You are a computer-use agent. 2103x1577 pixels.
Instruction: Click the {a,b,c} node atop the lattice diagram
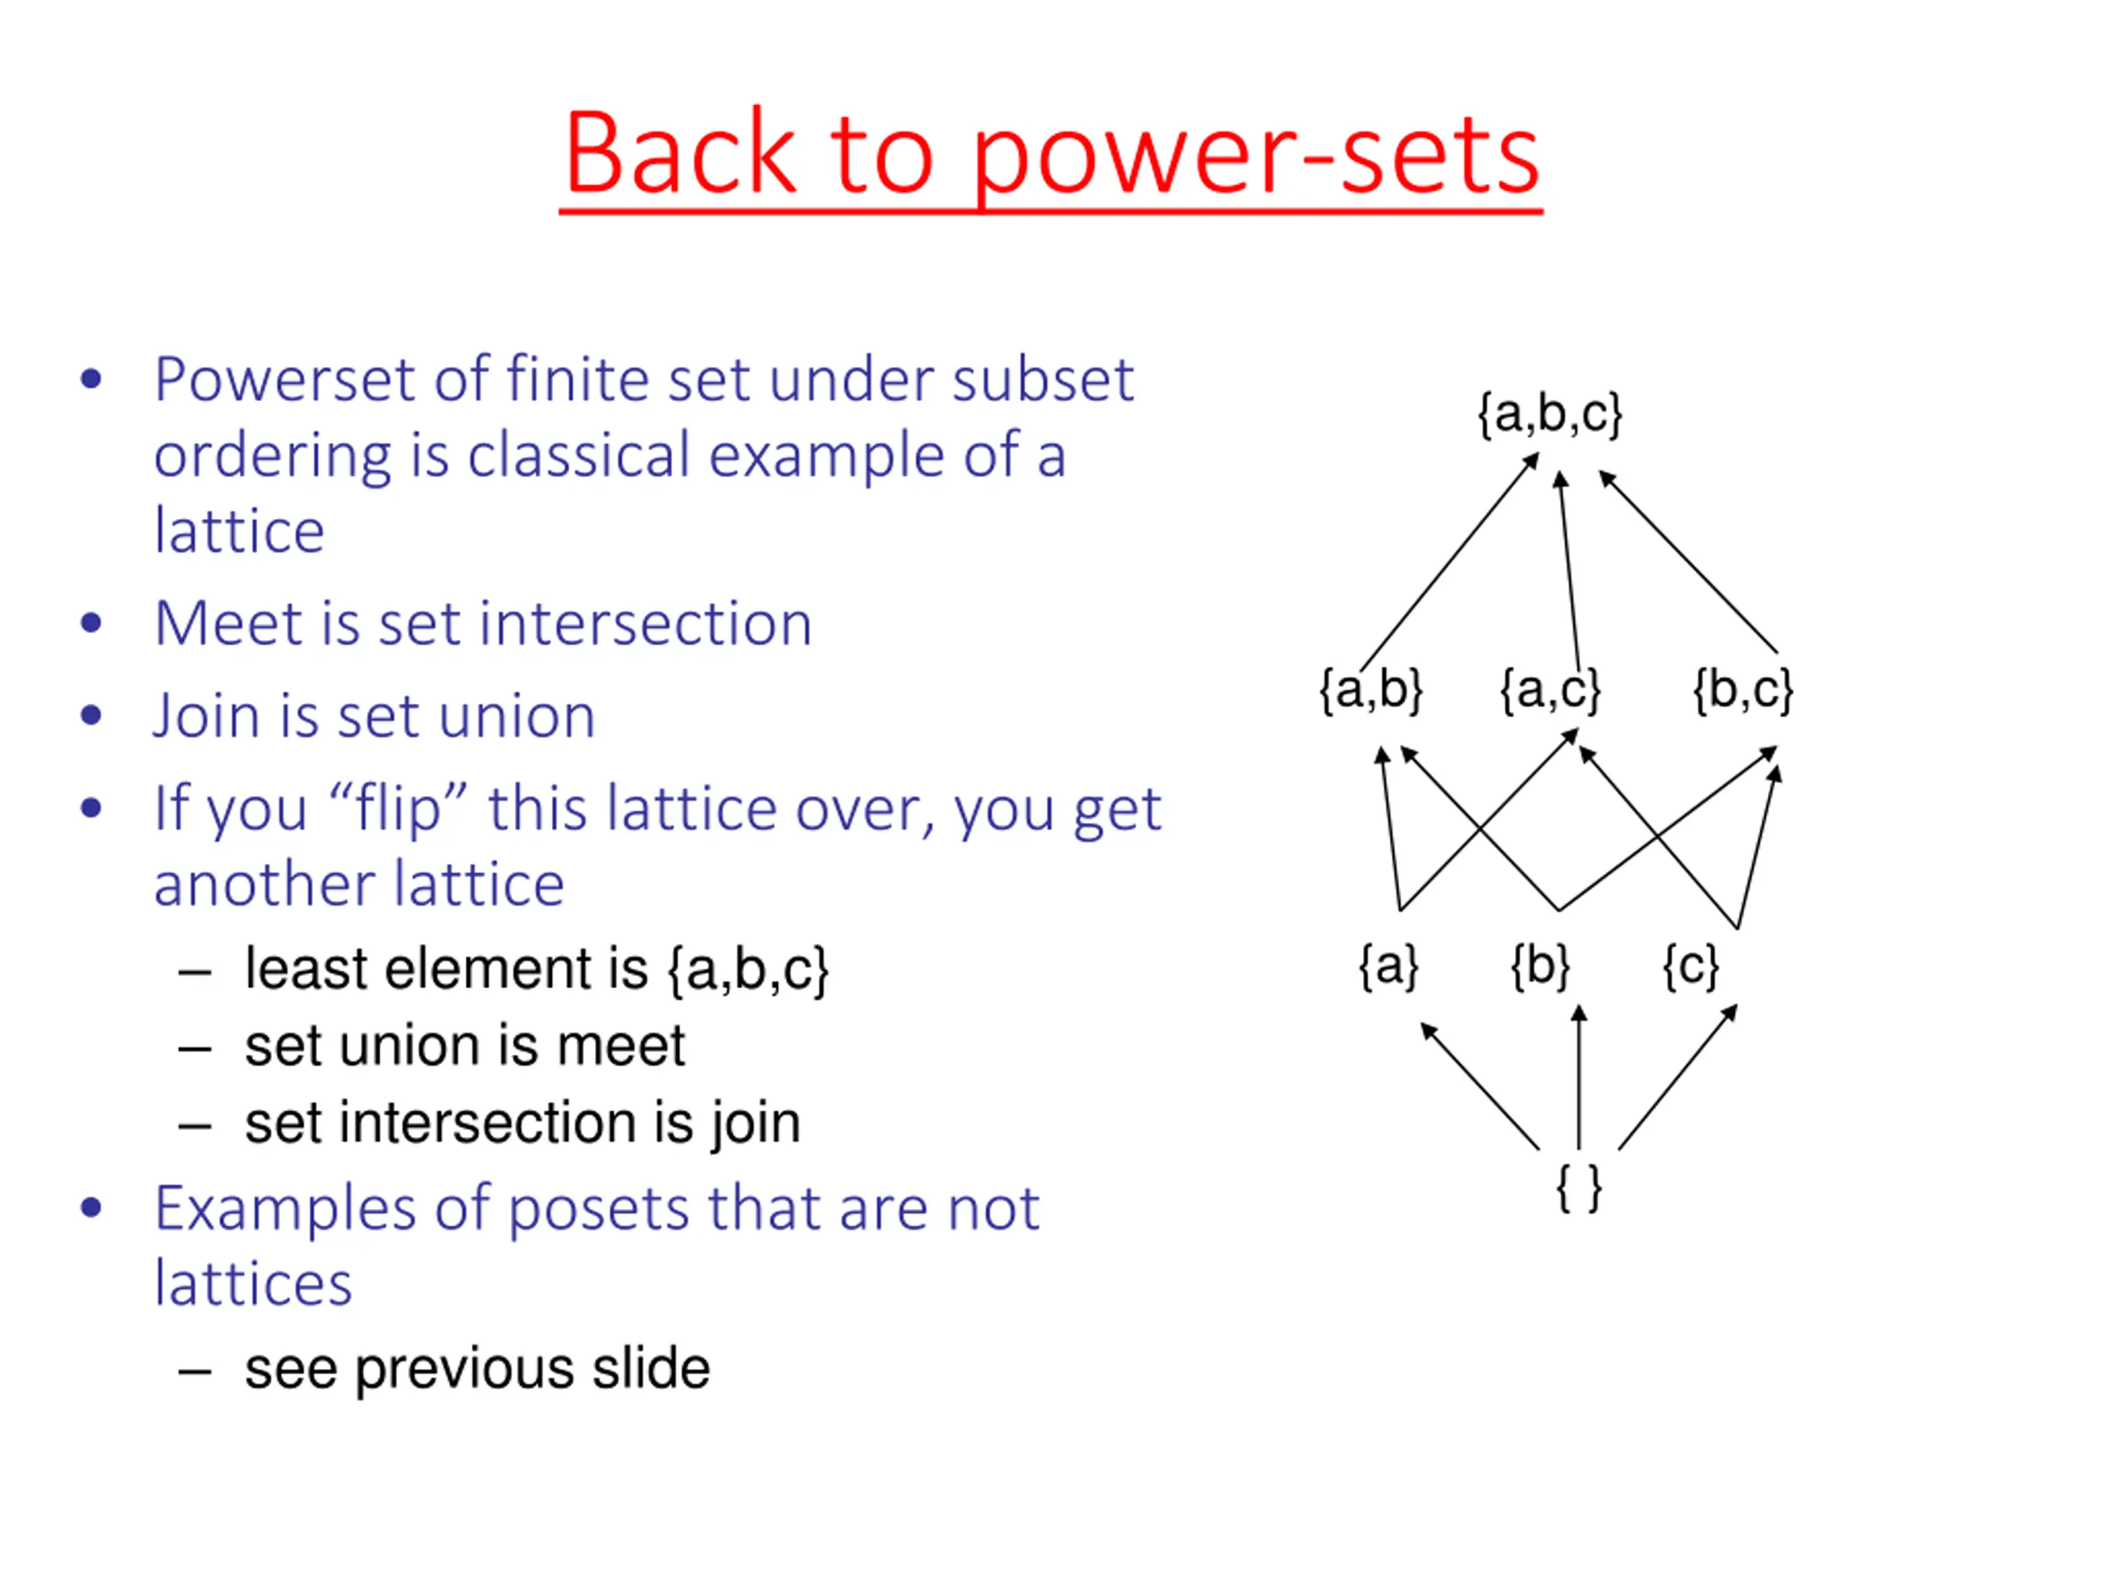coord(1549,415)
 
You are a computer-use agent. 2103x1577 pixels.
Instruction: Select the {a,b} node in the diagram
coord(1371,689)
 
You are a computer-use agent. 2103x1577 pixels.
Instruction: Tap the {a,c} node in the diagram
coord(1549,689)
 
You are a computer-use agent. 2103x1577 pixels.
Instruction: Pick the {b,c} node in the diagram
coord(1742,689)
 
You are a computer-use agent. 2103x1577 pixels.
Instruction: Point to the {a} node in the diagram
coord(1388,967)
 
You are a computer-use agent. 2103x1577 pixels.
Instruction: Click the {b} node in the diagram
coord(1540,967)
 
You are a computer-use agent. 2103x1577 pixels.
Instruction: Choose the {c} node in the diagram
coord(1691,967)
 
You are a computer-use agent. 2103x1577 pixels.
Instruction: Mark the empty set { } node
coord(1578,1188)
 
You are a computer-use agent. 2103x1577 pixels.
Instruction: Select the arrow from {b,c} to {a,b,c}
coord(1688,563)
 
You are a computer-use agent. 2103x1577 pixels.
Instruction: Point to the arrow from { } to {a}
coord(1479,1086)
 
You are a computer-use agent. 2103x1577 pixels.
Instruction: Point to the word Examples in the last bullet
coord(285,1209)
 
